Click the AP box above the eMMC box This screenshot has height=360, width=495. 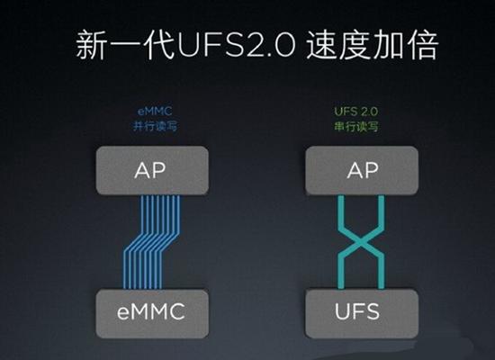[152, 170]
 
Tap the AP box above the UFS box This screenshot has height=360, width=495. [362, 170]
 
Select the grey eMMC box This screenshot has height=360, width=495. [152, 313]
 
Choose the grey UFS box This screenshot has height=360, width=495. [362, 313]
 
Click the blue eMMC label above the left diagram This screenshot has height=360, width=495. [155, 112]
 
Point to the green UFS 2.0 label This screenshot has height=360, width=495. [356, 112]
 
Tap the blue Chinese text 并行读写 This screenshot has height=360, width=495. [155, 126]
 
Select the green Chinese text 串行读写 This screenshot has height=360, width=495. [356, 127]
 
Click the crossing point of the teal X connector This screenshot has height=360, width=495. [361, 242]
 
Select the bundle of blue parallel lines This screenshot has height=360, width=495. [151, 242]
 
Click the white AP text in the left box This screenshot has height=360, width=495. [150, 170]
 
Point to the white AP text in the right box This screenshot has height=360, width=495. [363, 170]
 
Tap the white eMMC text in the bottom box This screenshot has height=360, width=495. [151, 311]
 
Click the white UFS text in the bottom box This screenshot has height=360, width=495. [357, 311]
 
